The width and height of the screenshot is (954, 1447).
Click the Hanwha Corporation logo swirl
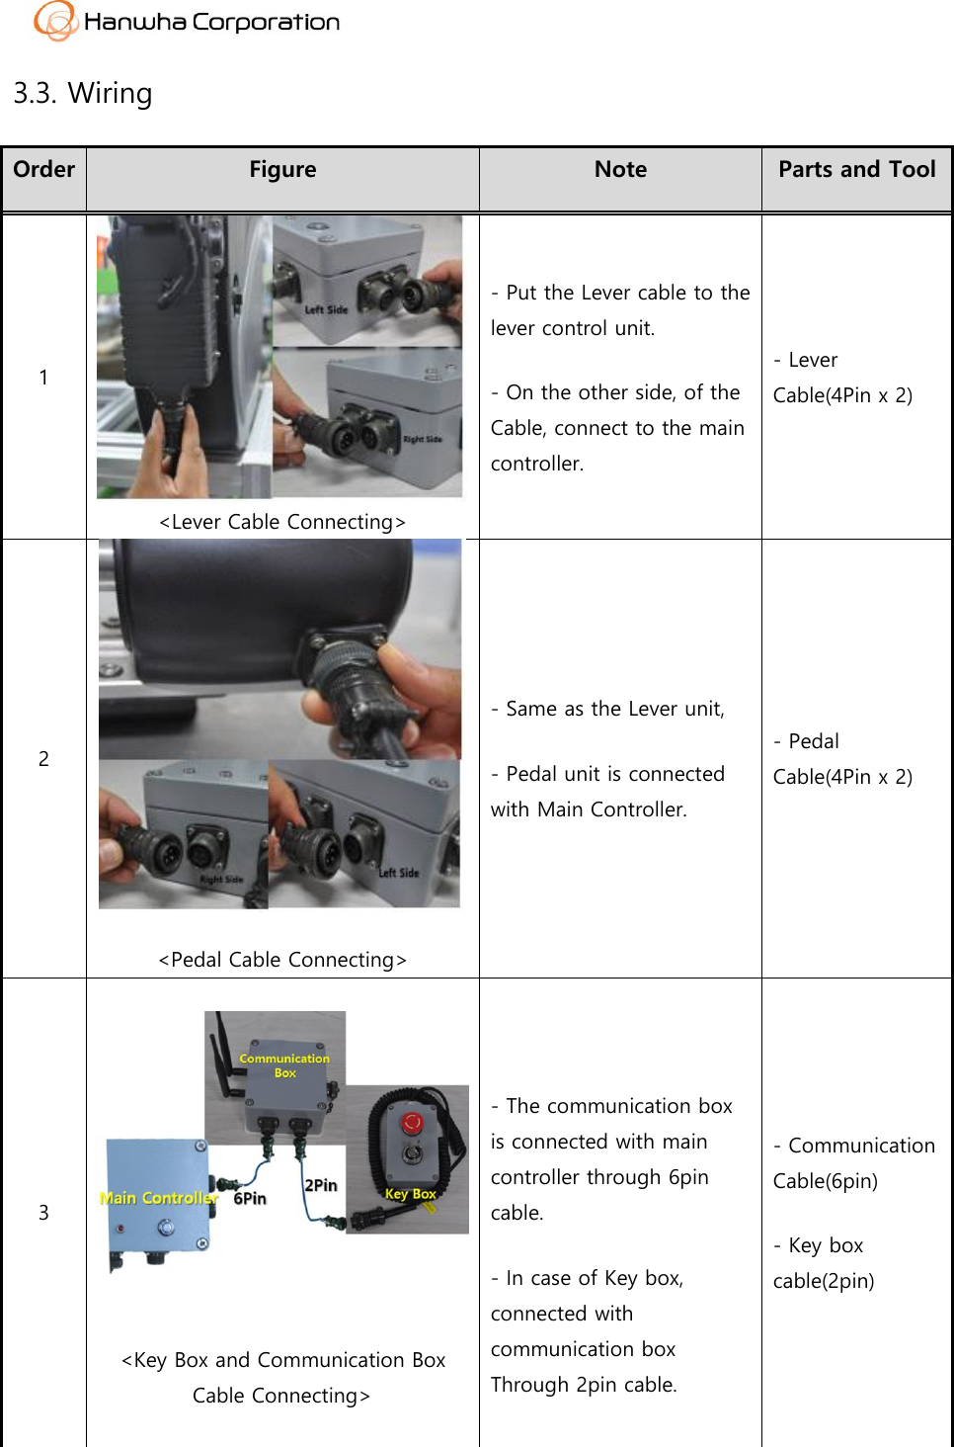[54, 21]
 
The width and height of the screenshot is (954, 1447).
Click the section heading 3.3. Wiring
[83, 93]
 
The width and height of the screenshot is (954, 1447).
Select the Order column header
[44, 170]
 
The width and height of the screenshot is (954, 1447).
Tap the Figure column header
[282, 170]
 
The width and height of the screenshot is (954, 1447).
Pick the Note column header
[620, 170]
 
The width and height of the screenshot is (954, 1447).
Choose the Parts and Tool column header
[856, 170]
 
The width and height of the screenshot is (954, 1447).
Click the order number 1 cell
[43, 377]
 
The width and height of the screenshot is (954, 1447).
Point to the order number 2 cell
[43, 758]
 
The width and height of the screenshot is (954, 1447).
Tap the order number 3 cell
[43, 1213]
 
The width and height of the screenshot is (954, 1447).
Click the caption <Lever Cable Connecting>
[282, 522]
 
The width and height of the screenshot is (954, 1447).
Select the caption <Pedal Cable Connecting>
[282, 960]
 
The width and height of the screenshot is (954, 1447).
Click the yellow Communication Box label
[284, 1065]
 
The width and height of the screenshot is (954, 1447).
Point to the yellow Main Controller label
[158, 1198]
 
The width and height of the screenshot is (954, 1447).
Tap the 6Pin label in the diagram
[250, 1199]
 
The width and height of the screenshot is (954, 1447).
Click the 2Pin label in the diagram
[321, 1185]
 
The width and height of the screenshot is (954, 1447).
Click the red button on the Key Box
[412, 1123]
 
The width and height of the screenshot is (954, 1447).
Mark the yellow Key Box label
[410, 1194]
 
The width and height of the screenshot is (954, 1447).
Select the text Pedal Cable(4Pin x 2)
[842, 759]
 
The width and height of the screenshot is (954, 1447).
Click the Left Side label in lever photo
[326, 309]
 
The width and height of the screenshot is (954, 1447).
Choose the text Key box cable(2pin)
[824, 1263]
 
